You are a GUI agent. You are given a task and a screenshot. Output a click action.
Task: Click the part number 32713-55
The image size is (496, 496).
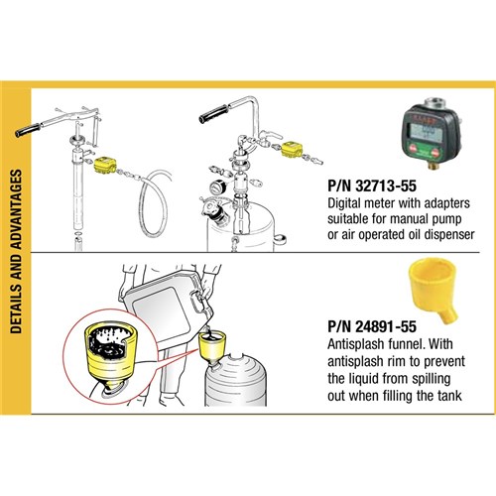(386, 186)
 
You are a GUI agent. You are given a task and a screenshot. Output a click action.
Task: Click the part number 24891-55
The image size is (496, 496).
(386, 326)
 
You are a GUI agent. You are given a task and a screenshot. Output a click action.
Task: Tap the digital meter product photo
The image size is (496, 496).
(432, 133)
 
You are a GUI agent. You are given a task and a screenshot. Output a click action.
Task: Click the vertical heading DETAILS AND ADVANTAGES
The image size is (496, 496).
(16, 251)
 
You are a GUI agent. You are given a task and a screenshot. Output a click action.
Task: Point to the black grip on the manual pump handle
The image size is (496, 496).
(28, 130)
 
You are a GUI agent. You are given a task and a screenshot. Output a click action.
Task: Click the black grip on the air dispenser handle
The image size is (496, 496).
(213, 114)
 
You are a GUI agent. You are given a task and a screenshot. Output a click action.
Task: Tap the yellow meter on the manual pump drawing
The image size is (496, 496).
(105, 166)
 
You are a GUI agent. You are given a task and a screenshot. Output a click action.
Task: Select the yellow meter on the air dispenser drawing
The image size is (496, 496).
(293, 150)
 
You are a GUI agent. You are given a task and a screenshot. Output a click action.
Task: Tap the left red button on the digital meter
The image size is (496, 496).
(413, 149)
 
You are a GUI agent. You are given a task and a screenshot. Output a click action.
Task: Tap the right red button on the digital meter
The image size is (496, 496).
(436, 153)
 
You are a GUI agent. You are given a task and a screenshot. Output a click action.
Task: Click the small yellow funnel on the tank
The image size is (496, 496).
(212, 349)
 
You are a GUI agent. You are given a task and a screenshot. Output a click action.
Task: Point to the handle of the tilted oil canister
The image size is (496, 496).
(199, 302)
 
